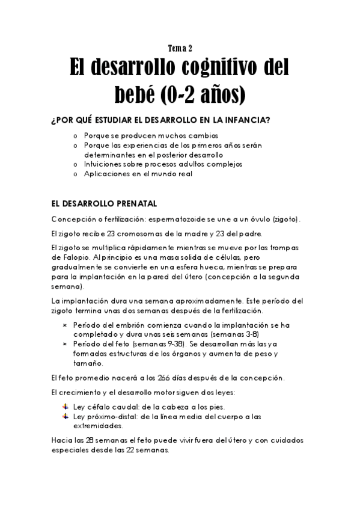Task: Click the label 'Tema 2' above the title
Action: (179, 49)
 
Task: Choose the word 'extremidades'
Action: (98, 426)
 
